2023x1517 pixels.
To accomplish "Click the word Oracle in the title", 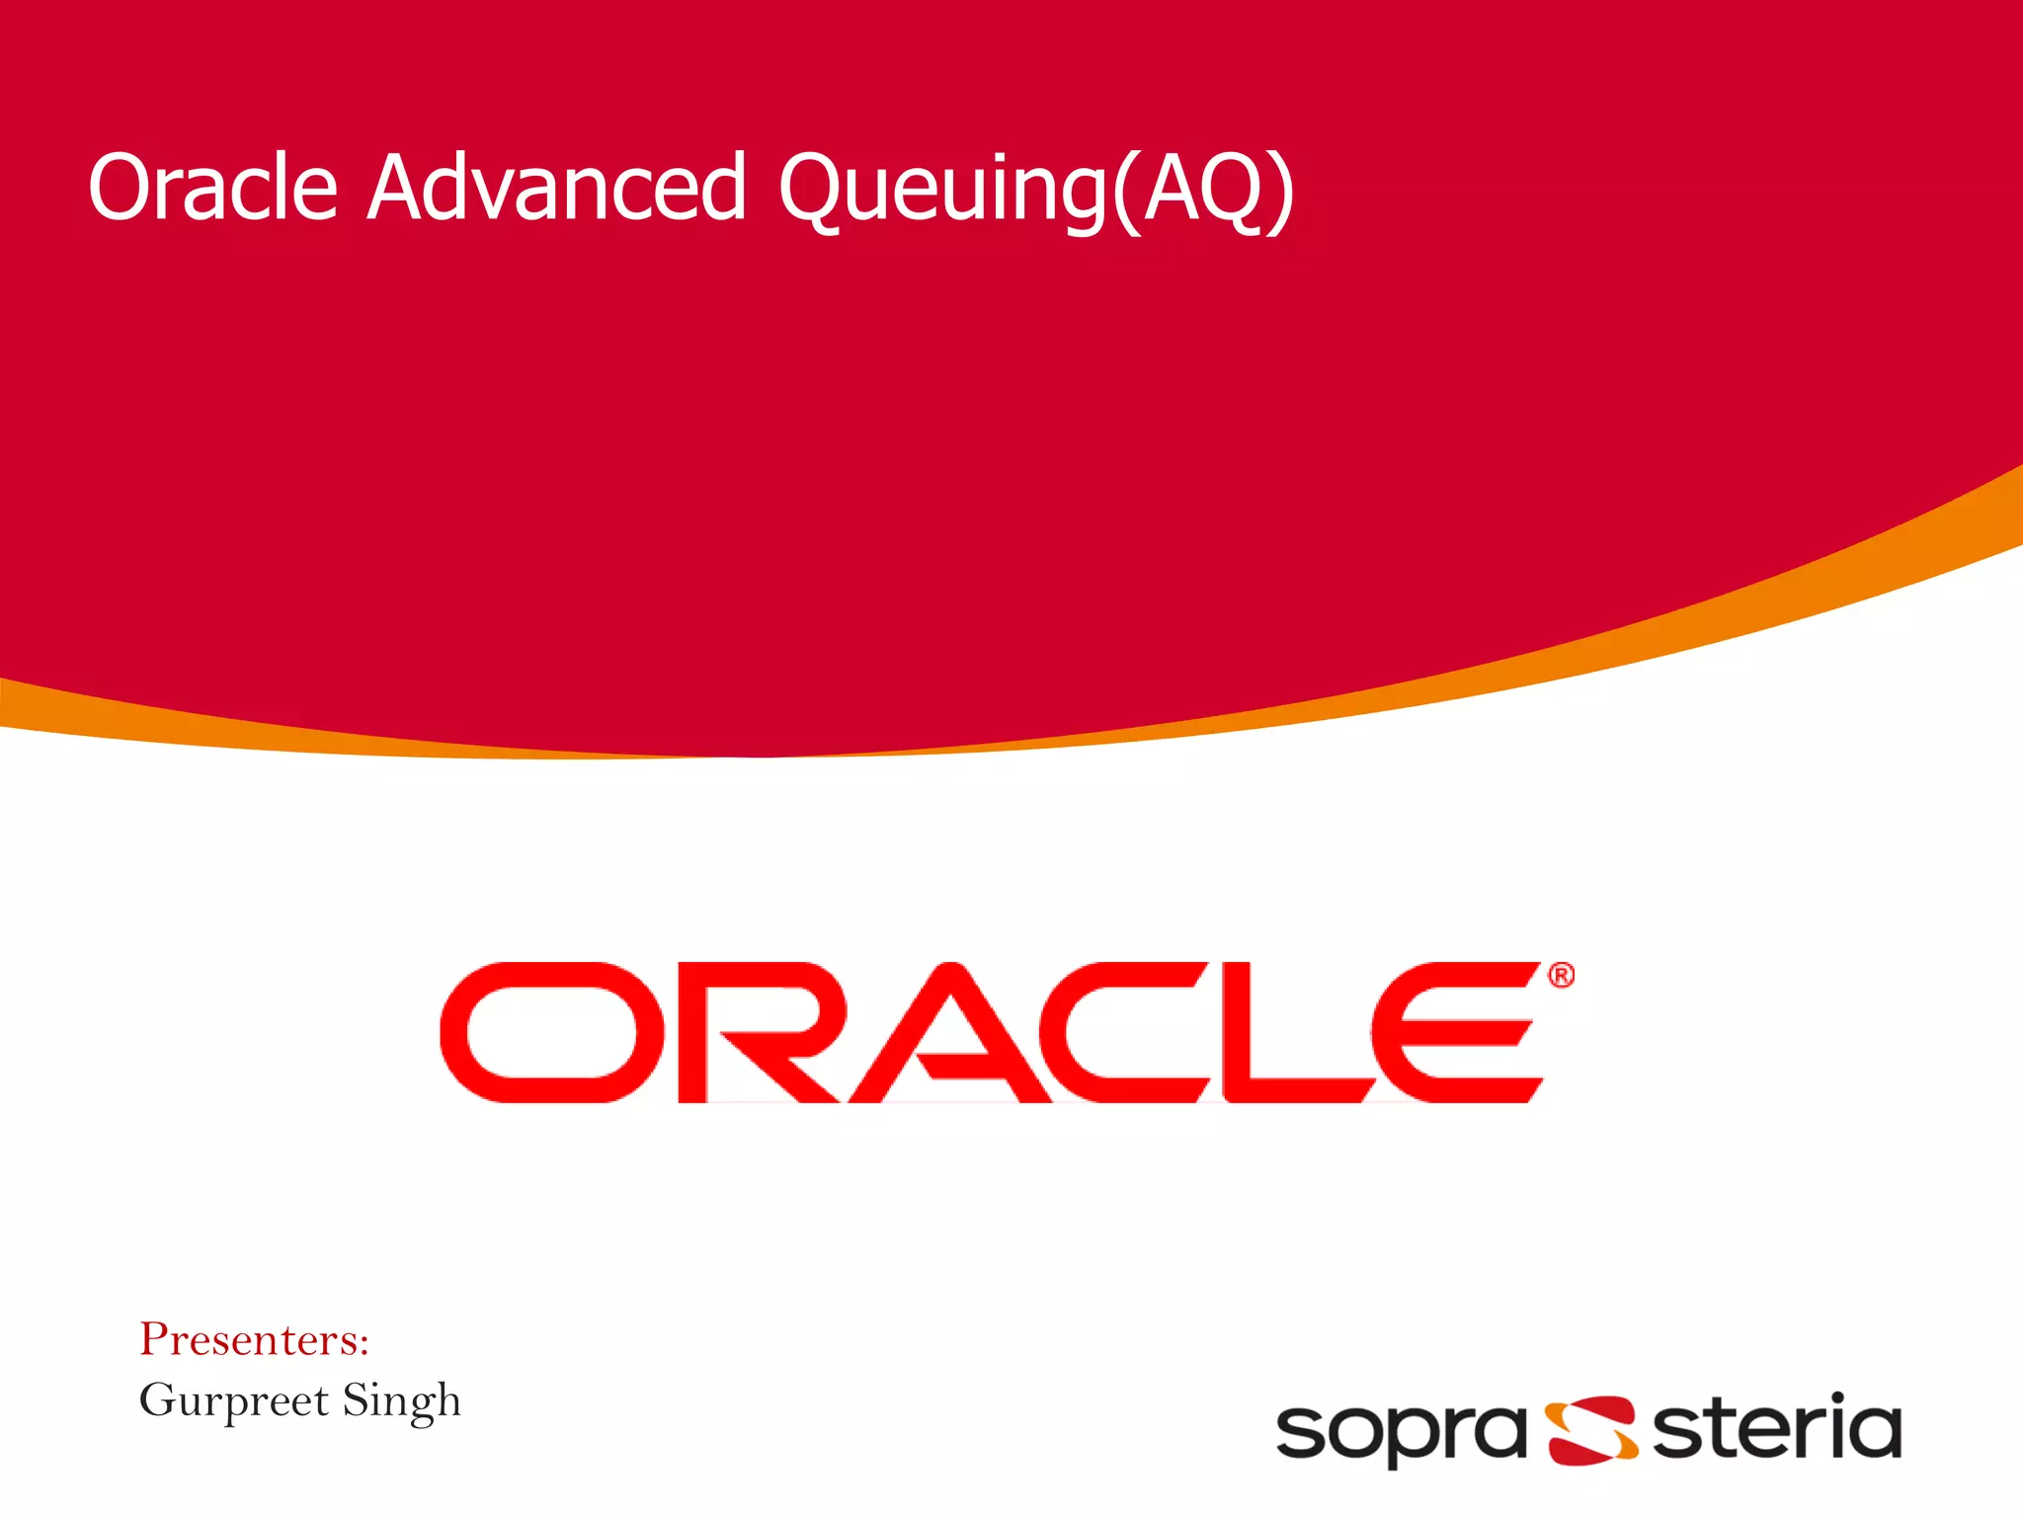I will tap(212, 187).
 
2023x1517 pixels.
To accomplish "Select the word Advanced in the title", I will tap(556, 187).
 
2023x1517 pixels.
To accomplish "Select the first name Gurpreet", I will tap(233, 1400).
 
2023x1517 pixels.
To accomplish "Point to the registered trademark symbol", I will tap(1561, 976).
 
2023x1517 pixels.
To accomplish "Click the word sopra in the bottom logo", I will tap(1401, 1432).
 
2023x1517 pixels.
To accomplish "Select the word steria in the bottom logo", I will tap(1776, 1427).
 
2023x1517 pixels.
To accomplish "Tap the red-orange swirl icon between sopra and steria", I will tap(1591, 1430).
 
